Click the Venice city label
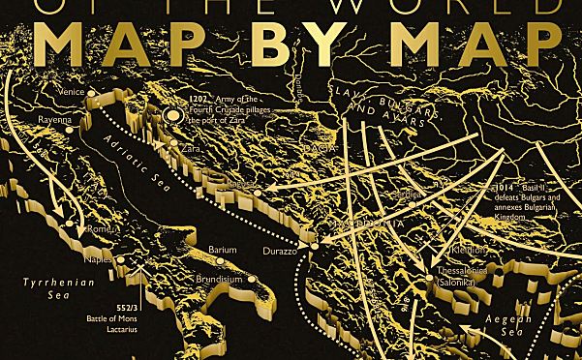click(x=73, y=92)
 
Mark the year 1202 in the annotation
click(x=199, y=100)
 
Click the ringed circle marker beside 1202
click(x=173, y=116)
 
